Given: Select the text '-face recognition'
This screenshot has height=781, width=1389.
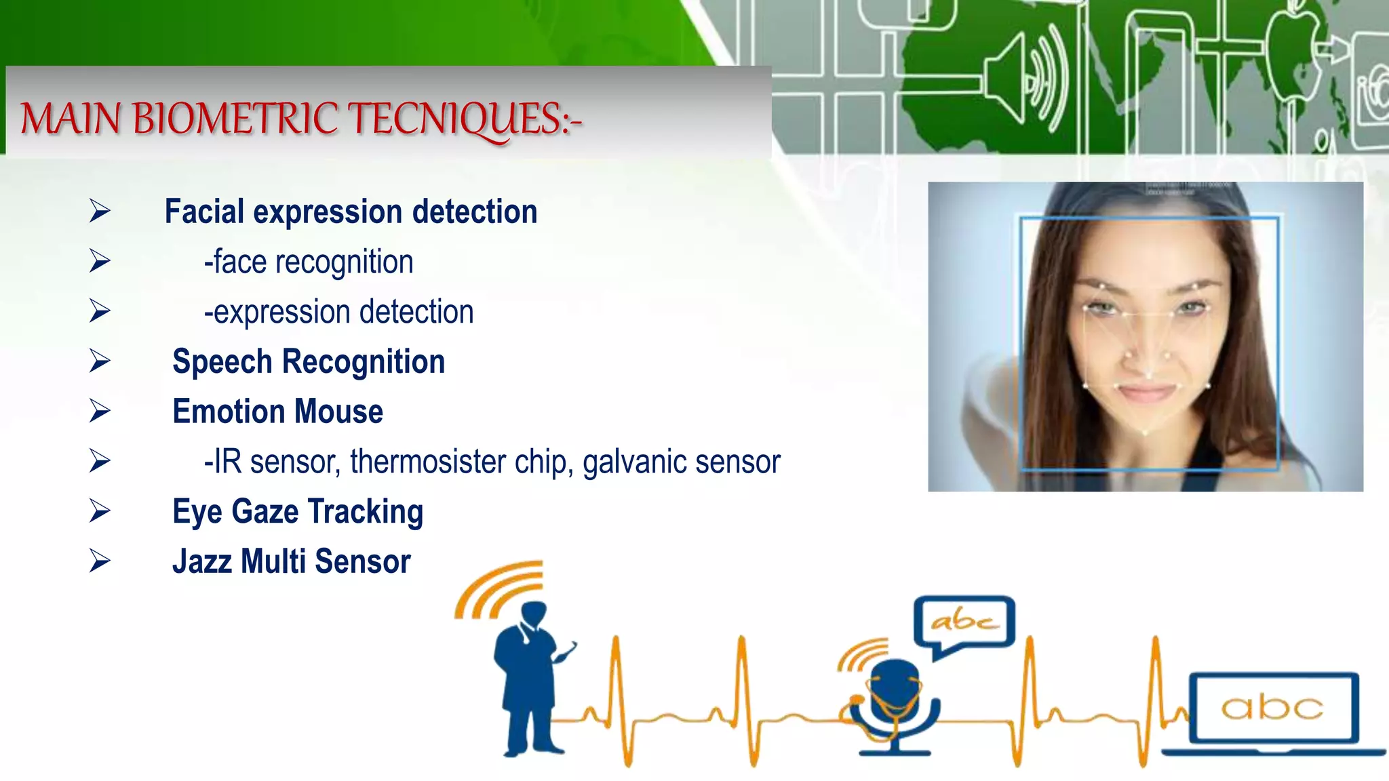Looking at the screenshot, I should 309,262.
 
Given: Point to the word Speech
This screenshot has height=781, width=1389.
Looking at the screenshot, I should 222,361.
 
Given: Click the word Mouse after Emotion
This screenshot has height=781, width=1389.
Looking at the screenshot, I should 338,412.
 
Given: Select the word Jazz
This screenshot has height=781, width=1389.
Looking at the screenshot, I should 201,561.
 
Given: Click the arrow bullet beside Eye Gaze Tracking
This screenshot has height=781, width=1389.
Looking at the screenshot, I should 100,511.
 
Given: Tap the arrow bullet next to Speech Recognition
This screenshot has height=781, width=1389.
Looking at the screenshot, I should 100,361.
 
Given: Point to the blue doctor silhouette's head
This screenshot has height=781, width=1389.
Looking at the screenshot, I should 534,614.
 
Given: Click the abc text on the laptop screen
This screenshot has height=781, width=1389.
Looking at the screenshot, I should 1272,708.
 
